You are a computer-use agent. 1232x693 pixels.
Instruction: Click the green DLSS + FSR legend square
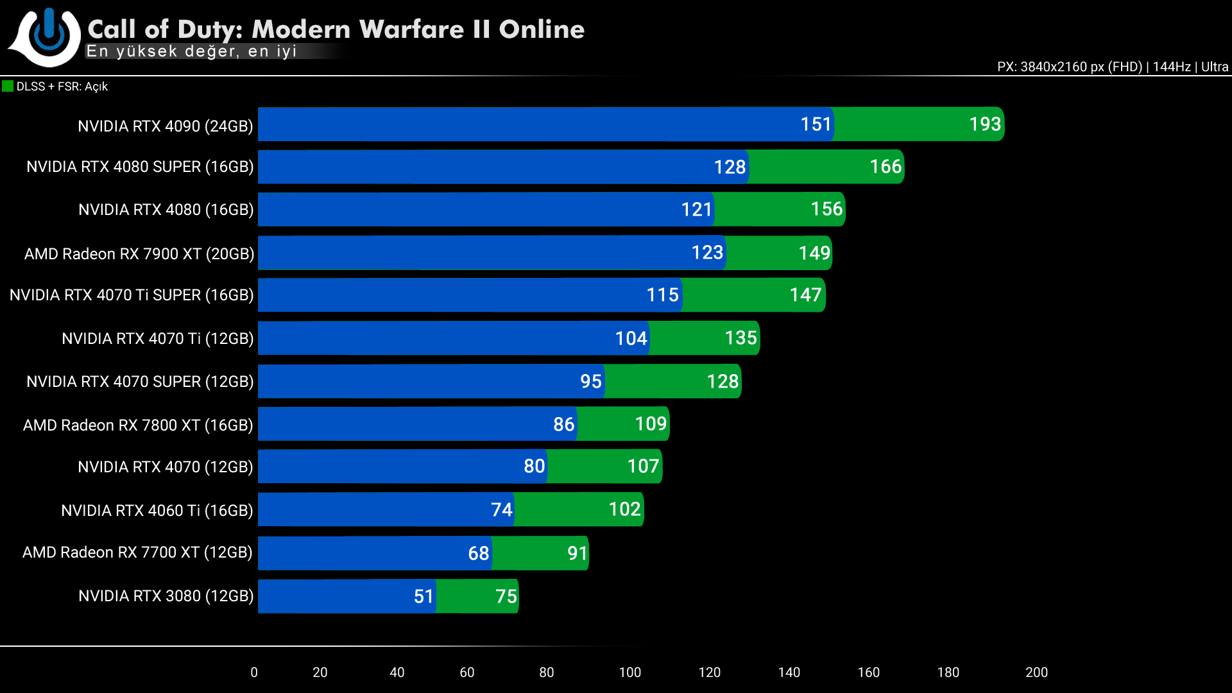point(8,86)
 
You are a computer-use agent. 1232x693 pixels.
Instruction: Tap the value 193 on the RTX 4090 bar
point(985,124)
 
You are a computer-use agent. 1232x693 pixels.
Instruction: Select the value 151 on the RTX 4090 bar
point(816,124)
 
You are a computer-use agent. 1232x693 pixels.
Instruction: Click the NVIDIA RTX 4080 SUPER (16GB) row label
point(140,167)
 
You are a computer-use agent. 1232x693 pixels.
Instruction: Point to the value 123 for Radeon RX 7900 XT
point(707,253)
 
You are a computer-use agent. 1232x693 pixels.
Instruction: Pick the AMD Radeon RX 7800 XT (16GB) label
point(138,425)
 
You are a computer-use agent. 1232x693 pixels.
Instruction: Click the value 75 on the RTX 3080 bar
point(506,596)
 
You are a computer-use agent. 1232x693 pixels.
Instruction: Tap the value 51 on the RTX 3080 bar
point(424,596)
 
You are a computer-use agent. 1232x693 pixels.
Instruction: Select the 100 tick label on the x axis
point(629,672)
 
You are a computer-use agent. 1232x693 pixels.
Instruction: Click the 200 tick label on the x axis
point(1036,672)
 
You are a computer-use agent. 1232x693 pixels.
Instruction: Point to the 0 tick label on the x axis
point(254,672)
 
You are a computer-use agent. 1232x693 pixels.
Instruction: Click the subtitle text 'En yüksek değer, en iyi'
point(191,51)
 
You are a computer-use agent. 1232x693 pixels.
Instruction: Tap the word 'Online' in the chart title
point(542,30)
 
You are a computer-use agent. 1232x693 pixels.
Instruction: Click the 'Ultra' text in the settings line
point(1214,67)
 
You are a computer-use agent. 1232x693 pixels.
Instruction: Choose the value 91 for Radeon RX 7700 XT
point(577,553)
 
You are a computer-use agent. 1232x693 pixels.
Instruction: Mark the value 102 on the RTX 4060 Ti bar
point(624,509)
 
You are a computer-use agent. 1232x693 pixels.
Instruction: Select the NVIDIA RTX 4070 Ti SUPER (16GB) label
point(132,295)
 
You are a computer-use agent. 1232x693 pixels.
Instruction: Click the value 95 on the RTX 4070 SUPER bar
point(590,381)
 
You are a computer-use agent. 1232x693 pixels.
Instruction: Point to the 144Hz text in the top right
point(1171,67)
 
